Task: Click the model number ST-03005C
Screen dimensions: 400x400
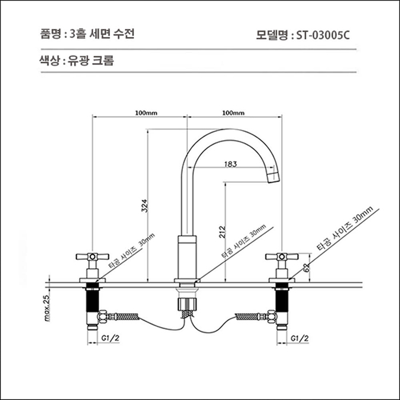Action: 323,34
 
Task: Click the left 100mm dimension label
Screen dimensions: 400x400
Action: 146,113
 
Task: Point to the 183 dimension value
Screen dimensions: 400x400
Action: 230,164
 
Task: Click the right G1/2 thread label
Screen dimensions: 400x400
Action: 299,339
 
